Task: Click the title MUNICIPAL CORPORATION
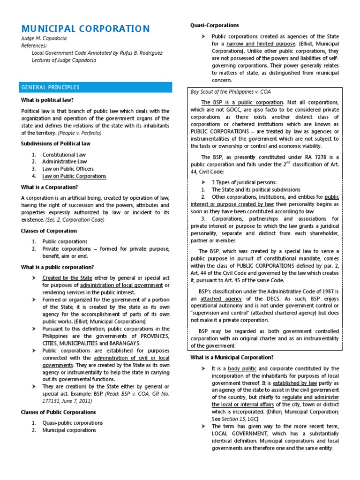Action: coord(86,29)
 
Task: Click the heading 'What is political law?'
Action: coord(47,100)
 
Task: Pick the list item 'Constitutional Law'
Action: coord(64,155)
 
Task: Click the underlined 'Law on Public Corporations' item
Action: coord(75,176)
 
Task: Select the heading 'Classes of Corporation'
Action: coord(49,231)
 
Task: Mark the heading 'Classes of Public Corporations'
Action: coord(59,412)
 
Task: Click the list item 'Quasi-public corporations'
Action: coord(73,423)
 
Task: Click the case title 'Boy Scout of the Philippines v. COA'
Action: coord(231,92)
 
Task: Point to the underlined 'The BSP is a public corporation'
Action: coord(242,103)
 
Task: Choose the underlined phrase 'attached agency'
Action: coord(220,299)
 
